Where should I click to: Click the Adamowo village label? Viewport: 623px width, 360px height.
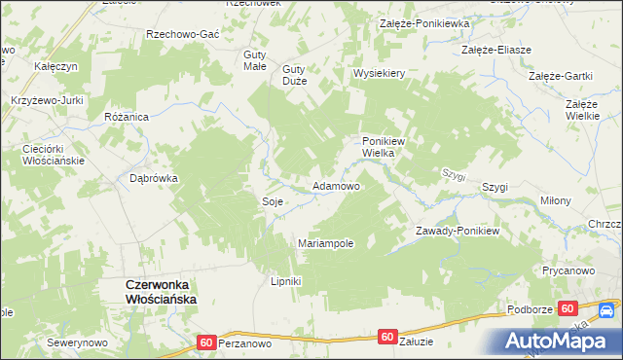point(336,185)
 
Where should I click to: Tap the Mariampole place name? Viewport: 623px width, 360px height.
point(325,243)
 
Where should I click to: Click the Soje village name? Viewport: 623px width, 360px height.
point(273,201)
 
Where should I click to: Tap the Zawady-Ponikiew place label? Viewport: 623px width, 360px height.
point(457,231)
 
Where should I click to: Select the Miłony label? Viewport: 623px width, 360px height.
point(556,200)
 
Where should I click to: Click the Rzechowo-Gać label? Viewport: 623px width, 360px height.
point(182,33)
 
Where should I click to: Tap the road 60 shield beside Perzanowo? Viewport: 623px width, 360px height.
point(205,342)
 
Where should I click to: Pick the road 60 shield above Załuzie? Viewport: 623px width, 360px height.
point(387,337)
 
